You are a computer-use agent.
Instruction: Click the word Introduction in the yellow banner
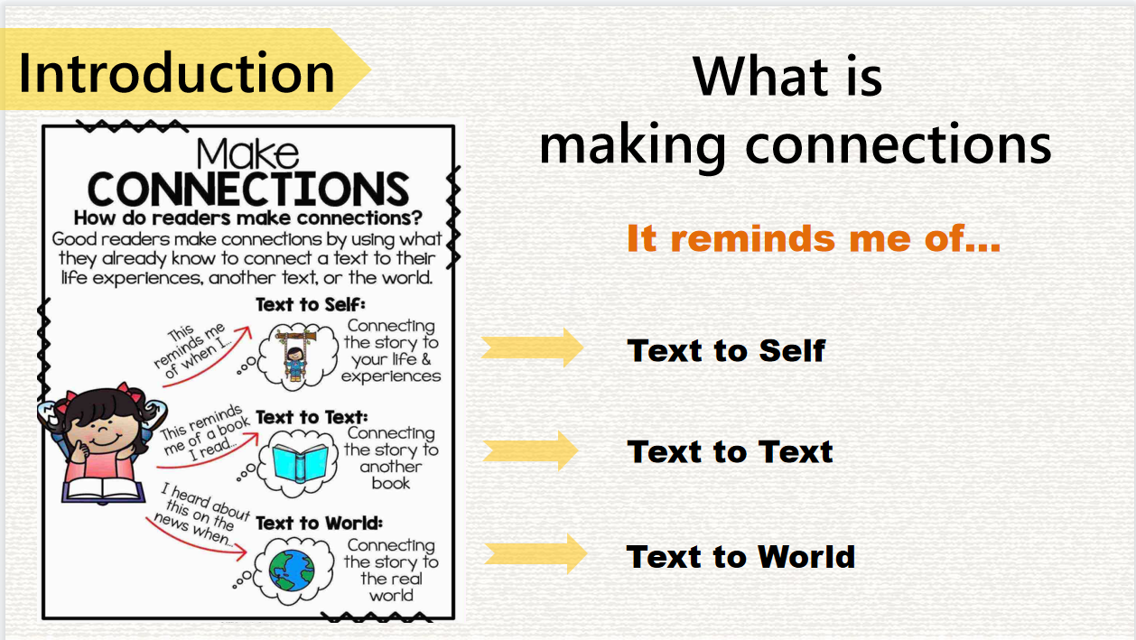click(176, 72)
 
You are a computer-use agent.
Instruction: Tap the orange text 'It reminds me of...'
click(814, 237)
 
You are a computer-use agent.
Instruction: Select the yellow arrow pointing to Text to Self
click(533, 348)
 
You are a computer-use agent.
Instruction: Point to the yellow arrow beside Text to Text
click(530, 450)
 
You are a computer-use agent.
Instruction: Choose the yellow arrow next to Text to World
click(535, 553)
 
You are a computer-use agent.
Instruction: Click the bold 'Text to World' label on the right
click(741, 556)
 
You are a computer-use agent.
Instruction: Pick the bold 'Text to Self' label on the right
click(726, 350)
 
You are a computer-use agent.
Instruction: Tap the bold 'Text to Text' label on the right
click(730, 451)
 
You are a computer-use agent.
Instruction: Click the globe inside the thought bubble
click(292, 570)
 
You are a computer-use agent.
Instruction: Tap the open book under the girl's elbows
click(104, 490)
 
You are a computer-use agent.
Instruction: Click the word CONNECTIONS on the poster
click(248, 189)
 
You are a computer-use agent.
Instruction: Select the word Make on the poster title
click(247, 153)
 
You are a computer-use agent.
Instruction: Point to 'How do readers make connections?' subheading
click(248, 218)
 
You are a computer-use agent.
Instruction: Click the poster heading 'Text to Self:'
click(311, 304)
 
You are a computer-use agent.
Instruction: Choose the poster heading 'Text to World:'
click(319, 523)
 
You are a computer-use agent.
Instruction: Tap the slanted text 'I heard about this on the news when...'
click(202, 515)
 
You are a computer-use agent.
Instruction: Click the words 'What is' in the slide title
click(787, 76)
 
